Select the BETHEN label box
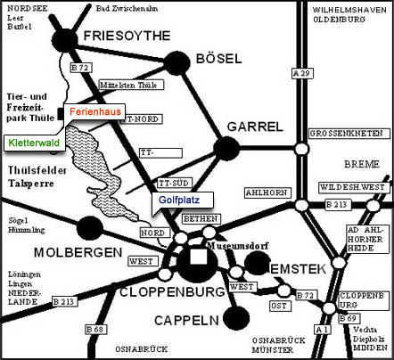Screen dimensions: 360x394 199,219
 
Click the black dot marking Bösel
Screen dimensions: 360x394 176,62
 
